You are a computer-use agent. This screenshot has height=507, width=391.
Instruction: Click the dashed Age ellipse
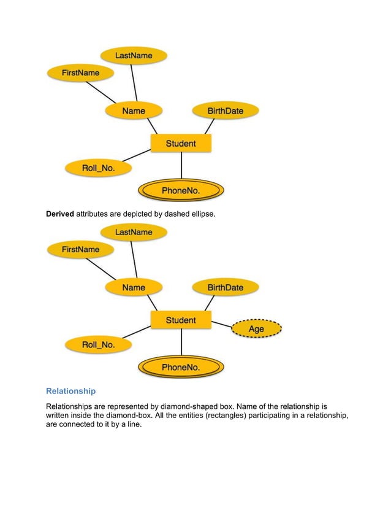[x=256, y=330]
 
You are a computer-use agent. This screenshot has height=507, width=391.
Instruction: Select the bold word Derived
[x=60, y=214]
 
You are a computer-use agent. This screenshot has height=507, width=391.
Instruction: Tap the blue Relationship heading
[x=70, y=391]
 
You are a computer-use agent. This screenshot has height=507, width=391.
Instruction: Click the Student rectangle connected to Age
[x=181, y=320]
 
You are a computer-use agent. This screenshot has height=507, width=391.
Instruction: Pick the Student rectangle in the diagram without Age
[x=181, y=144]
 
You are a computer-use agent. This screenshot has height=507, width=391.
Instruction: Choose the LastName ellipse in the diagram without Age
[x=134, y=56]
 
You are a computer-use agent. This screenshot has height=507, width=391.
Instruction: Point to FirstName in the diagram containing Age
[x=81, y=250]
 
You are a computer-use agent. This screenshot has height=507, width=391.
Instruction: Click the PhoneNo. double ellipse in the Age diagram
[x=181, y=368]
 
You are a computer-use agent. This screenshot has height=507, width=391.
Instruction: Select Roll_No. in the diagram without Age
[x=99, y=168]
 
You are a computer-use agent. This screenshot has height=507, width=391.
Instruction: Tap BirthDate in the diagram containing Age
[x=225, y=287]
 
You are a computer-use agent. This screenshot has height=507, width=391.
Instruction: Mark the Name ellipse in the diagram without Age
[x=134, y=111]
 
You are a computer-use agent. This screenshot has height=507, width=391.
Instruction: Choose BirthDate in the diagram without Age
[x=225, y=111]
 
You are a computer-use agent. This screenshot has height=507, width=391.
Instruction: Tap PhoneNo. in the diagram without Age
[x=181, y=191]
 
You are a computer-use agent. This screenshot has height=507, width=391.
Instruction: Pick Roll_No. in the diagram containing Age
[x=99, y=345]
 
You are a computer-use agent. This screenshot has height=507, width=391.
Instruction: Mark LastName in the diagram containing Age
[x=134, y=233]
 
